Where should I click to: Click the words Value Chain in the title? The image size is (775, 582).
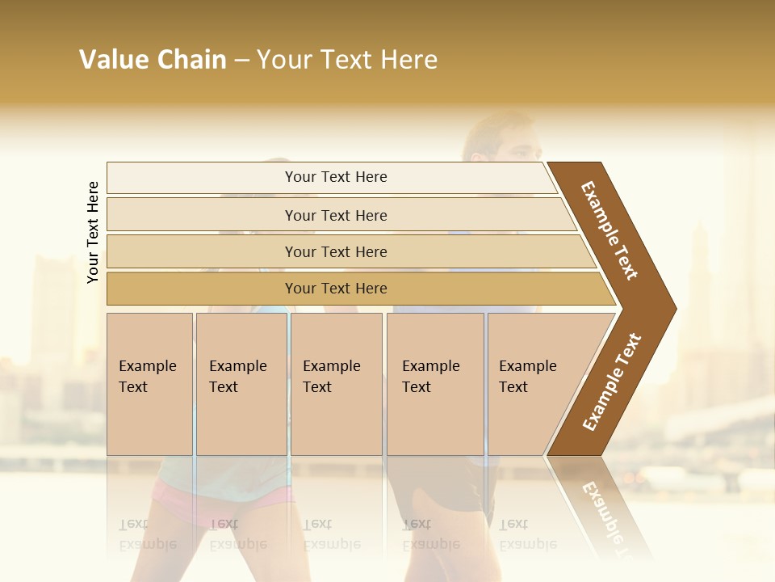click(153, 60)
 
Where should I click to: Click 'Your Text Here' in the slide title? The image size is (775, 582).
click(347, 60)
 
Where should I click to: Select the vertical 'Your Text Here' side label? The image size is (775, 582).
click(93, 232)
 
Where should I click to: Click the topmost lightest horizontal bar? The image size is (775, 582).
click(331, 177)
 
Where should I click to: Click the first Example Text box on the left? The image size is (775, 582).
click(149, 384)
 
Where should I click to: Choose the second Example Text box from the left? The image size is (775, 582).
click(241, 384)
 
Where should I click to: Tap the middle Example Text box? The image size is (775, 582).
click(336, 384)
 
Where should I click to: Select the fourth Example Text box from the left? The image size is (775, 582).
click(434, 384)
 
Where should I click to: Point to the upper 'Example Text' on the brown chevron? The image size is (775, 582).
click(610, 230)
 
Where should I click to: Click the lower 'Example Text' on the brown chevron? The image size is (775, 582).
click(612, 382)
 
